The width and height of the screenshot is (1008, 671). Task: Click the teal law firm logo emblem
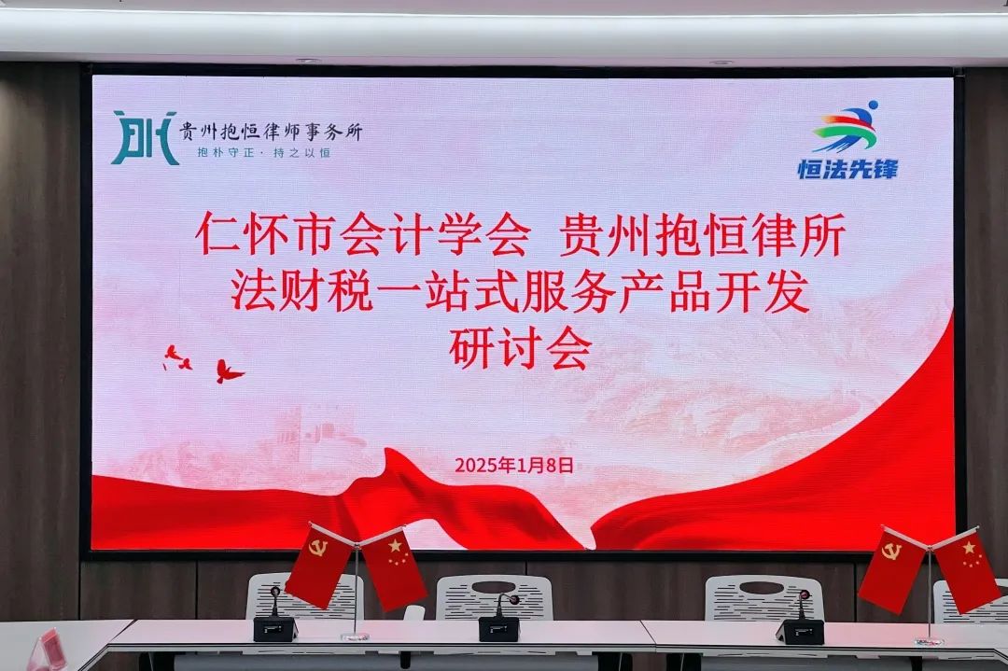(145, 137)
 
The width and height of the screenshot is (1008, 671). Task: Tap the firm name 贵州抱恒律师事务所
(271, 132)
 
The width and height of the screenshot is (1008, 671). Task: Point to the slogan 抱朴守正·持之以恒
(263, 153)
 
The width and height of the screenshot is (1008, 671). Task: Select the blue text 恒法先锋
(847, 169)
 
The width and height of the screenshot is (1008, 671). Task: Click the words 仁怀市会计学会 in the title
(362, 236)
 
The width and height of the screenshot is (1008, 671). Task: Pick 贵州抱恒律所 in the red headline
(702, 236)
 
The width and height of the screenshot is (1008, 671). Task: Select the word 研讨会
(521, 350)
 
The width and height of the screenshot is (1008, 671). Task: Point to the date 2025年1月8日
(514, 465)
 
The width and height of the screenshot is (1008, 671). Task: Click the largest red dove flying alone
(228, 371)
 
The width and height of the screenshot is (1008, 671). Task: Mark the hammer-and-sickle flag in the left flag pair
(319, 566)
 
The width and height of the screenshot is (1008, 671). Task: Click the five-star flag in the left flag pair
(394, 568)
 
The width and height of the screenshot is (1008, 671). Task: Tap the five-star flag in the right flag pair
(967, 571)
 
